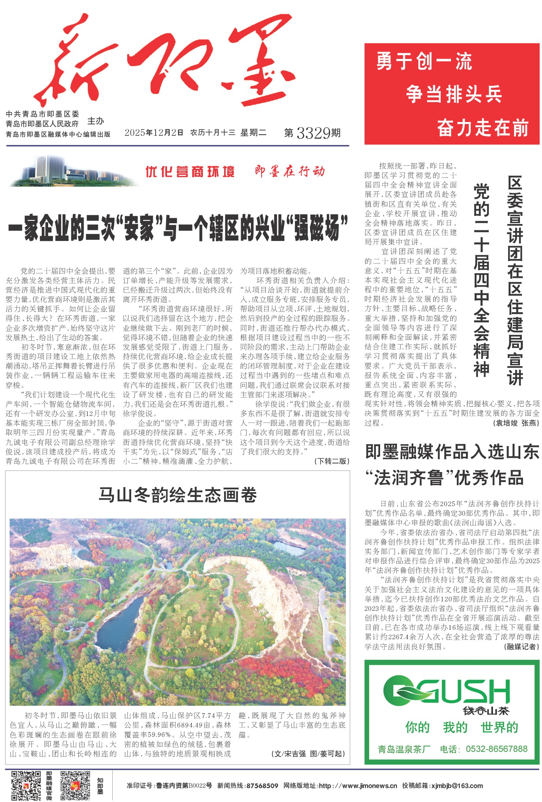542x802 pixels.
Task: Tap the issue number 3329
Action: tap(313, 133)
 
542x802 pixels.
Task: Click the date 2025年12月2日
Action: tap(154, 133)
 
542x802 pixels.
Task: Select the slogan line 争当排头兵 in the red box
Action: tap(454, 94)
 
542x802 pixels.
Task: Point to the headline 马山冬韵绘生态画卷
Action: tap(177, 495)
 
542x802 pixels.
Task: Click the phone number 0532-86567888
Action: tap(496, 748)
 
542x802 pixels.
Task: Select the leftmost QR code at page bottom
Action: tap(26, 785)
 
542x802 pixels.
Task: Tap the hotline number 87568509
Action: tap(262, 785)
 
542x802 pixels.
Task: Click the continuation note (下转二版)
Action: tap(332, 461)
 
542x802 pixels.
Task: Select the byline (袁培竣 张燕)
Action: tap(516, 423)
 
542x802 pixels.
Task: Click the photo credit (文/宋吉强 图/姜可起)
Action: tap(308, 753)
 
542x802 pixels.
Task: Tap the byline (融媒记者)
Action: tap(522, 646)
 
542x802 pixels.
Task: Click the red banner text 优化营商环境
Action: tap(190, 172)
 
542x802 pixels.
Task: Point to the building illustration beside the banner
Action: tap(71, 171)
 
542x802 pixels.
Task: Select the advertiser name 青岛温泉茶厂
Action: tap(404, 748)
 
